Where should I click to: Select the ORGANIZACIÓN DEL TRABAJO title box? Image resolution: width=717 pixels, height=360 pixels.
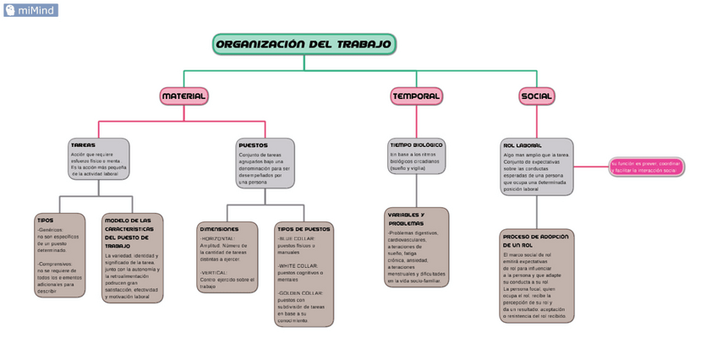click(x=304, y=44)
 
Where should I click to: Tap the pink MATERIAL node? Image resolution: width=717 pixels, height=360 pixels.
click(x=183, y=96)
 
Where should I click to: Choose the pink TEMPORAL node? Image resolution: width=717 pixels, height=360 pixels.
click(x=416, y=96)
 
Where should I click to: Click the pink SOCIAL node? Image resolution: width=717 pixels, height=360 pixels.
click(x=537, y=96)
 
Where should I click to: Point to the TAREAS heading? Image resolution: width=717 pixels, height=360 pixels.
click(x=83, y=145)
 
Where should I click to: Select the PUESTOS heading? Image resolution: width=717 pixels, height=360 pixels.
click(x=253, y=145)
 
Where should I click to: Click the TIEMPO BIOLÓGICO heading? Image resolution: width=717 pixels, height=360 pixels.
click(x=416, y=145)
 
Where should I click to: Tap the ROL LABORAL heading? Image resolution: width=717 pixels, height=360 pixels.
click(x=523, y=145)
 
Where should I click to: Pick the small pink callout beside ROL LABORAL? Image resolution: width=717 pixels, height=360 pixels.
click(x=646, y=166)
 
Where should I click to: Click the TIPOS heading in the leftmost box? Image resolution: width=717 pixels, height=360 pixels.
click(x=45, y=221)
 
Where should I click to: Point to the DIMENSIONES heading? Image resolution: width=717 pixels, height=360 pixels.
click(x=219, y=229)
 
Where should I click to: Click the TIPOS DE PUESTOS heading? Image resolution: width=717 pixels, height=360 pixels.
click(x=304, y=229)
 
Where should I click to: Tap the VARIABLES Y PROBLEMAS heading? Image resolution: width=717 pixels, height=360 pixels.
click(x=406, y=219)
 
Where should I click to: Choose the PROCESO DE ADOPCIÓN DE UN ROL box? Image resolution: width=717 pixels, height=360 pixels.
click(x=537, y=276)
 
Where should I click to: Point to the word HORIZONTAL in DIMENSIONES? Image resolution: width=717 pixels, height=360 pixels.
click(x=218, y=239)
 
